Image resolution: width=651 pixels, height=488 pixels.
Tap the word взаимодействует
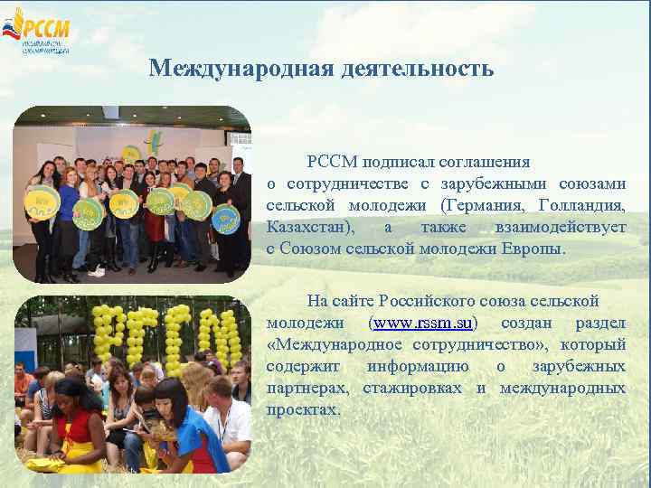pos(560,227)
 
